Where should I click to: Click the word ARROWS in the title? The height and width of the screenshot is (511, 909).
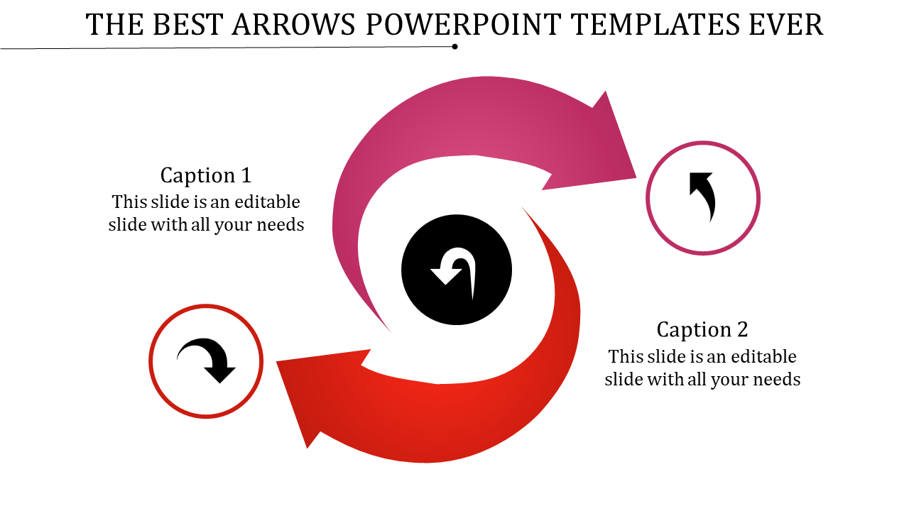[x=293, y=25]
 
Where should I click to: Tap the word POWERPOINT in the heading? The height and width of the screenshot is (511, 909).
[x=464, y=25]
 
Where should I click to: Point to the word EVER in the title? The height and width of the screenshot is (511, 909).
[x=786, y=25]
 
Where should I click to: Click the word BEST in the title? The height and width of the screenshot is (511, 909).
[x=187, y=25]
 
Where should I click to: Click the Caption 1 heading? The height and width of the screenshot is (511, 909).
[x=206, y=175]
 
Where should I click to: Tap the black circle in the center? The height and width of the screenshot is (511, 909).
[x=457, y=270]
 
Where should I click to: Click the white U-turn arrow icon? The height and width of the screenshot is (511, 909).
[x=453, y=271]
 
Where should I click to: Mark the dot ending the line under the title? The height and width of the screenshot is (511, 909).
[x=455, y=47]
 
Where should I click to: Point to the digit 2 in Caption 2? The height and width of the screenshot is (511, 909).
[x=742, y=329]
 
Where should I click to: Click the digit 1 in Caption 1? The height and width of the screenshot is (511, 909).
[x=246, y=175]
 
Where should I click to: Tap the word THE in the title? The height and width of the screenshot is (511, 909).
[x=114, y=25]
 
